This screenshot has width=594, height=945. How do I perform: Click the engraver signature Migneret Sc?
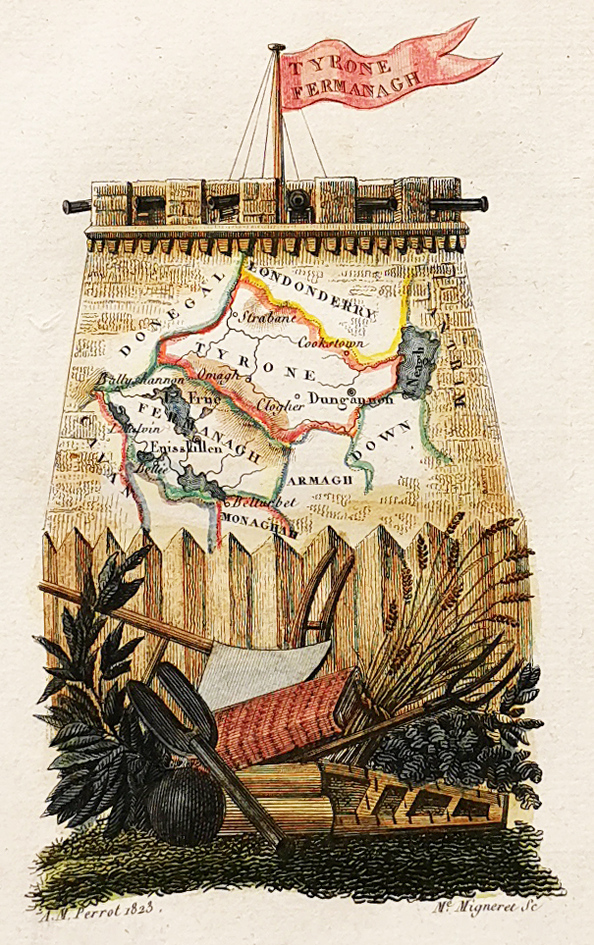[488, 905]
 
